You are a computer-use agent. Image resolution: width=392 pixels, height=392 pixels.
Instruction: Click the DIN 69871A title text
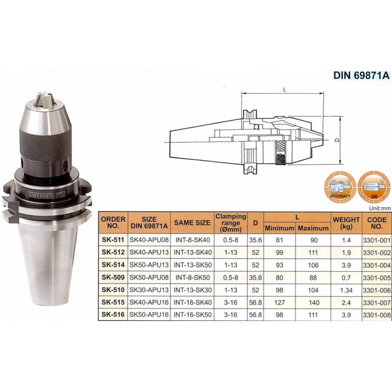coord(361,75)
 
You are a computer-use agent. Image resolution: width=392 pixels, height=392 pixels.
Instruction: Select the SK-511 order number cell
coord(113,240)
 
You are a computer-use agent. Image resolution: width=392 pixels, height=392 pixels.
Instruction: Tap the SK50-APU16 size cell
coord(149,315)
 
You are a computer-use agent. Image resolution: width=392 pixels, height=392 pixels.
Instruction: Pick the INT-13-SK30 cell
coord(193,290)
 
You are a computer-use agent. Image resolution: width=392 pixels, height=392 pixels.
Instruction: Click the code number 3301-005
coord(377,278)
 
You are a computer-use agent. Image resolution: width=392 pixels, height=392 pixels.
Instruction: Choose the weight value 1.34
coord(346,290)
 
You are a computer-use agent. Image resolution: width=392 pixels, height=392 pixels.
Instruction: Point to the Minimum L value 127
coord(279,302)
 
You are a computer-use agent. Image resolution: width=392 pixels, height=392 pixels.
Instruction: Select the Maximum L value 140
coord(314,302)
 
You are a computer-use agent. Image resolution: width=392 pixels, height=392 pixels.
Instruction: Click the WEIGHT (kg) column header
coord(346,223)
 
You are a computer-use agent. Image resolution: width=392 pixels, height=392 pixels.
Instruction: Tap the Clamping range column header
coord(231,223)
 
